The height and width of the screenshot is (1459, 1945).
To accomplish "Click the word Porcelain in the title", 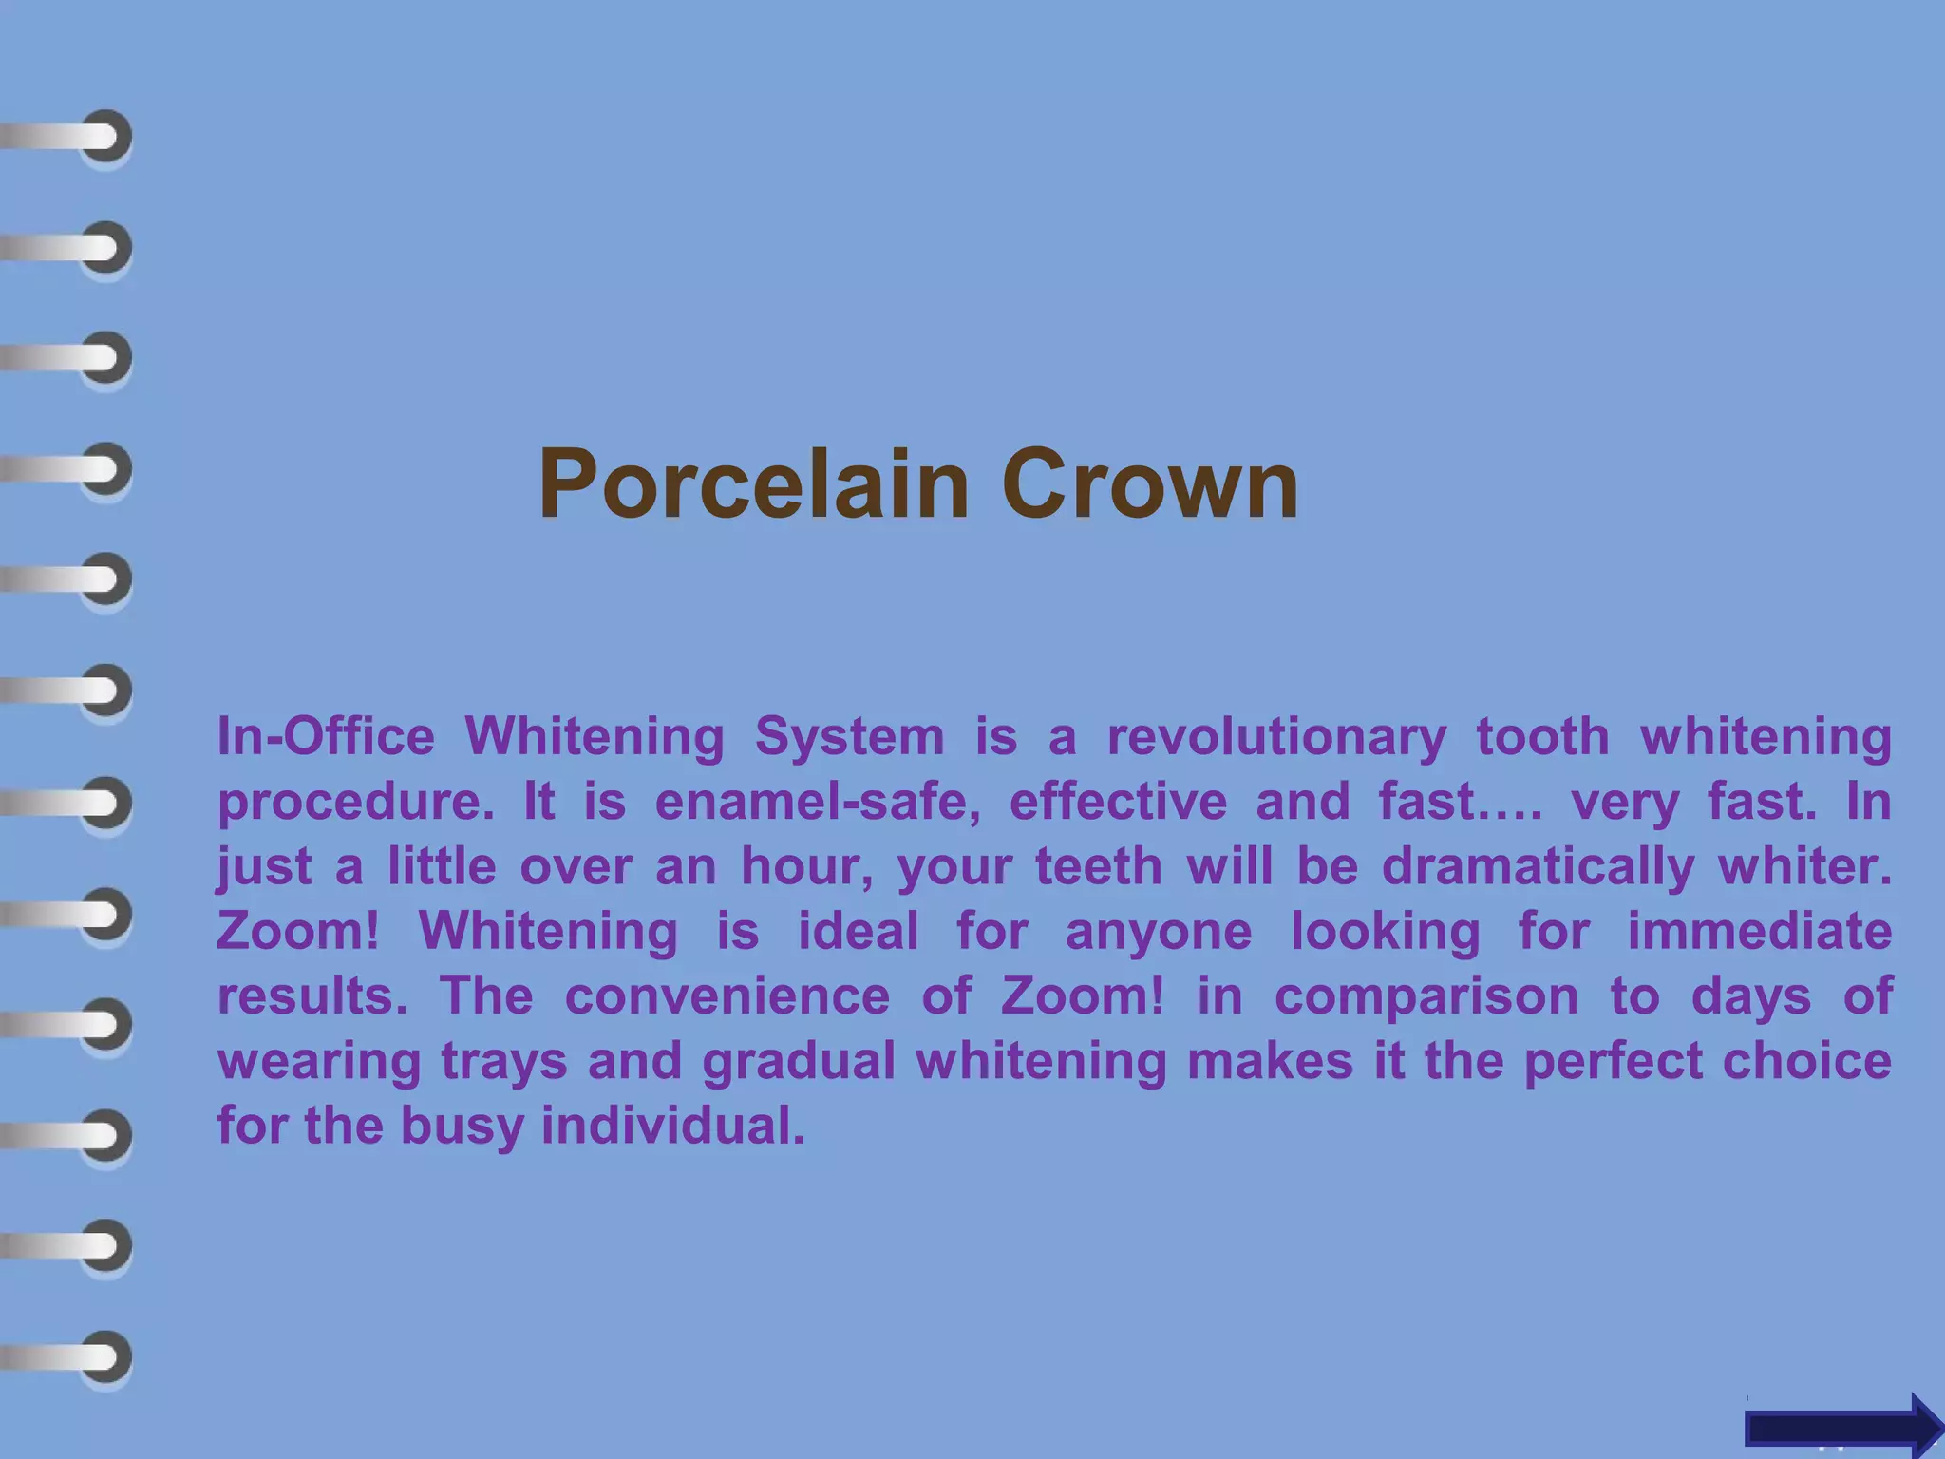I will pyautogui.click(x=752, y=484).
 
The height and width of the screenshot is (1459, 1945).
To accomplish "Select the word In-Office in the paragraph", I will pyautogui.click(x=326, y=737).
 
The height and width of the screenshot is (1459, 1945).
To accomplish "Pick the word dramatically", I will pyautogui.click(x=1538, y=867).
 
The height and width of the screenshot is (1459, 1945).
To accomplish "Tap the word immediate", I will pyautogui.click(x=1759, y=931).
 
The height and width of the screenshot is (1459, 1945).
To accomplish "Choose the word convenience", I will pyautogui.click(x=727, y=995).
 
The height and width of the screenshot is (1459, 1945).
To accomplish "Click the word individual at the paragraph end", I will pyautogui.click(x=672, y=1126).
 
